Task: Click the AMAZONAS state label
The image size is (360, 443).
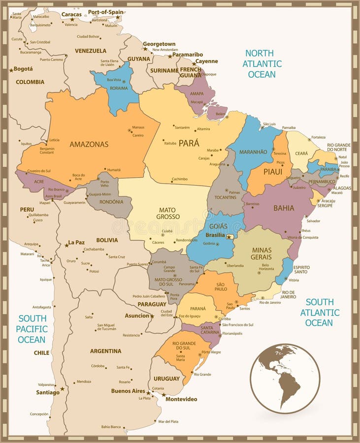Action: (x=89, y=144)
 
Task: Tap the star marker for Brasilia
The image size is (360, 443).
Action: (x=229, y=237)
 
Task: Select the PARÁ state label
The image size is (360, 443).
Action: (x=189, y=143)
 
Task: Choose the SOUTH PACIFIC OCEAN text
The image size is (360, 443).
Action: (x=33, y=329)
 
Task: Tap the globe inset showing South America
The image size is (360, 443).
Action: (x=285, y=378)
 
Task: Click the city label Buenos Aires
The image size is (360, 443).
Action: (x=128, y=391)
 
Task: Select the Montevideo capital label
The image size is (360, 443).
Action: (x=181, y=399)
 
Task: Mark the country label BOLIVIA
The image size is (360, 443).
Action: (x=107, y=240)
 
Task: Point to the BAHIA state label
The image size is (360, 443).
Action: (x=284, y=208)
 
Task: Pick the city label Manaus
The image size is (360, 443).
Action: (x=138, y=127)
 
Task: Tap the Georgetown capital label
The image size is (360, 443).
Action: (x=159, y=44)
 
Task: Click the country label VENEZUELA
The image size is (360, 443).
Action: (x=90, y=51)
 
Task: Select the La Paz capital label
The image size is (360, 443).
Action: (x=76, y=242)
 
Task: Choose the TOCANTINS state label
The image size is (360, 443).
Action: (x=226, y=197)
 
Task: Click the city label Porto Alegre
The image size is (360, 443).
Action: (x=211, y=352)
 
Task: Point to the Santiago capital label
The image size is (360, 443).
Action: (x=48, y=392)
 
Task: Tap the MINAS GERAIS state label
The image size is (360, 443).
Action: (x=261, y=253)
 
